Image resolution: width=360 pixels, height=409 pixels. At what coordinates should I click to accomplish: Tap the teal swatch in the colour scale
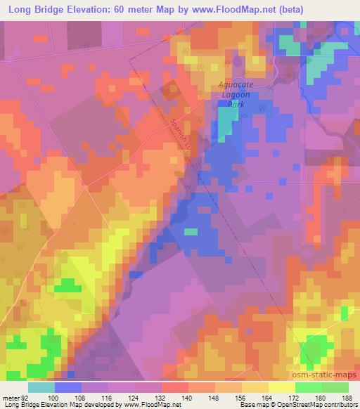click(41, 387)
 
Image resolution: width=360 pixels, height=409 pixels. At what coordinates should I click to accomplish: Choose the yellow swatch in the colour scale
click(282, 387)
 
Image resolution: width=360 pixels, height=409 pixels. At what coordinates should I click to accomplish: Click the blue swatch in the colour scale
click(68, 387)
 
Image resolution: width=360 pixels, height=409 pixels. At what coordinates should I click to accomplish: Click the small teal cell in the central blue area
click(191, 231)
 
